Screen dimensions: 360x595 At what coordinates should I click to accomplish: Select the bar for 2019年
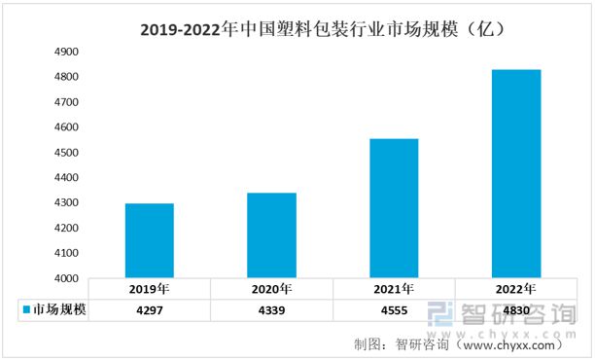tap(149, 240)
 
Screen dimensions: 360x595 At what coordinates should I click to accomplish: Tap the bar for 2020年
tap(271, 235)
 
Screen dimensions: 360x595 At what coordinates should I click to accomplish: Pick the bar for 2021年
tap(394, 208)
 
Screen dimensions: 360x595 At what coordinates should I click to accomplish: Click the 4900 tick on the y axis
tap(66, 52)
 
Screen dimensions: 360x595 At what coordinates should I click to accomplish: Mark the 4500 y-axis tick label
tap(66, 153)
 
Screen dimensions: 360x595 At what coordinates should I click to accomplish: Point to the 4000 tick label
tap(66, 279)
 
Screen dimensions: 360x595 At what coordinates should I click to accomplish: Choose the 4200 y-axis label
tap(66, 229)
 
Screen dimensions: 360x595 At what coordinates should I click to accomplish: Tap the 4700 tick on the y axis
tap(66, 102)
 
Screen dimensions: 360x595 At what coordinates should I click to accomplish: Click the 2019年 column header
tap(149, 290)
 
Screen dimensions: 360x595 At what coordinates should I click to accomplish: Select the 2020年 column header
tap(271, 290)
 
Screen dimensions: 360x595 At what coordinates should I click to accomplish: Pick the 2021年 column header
tap(394, 290)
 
